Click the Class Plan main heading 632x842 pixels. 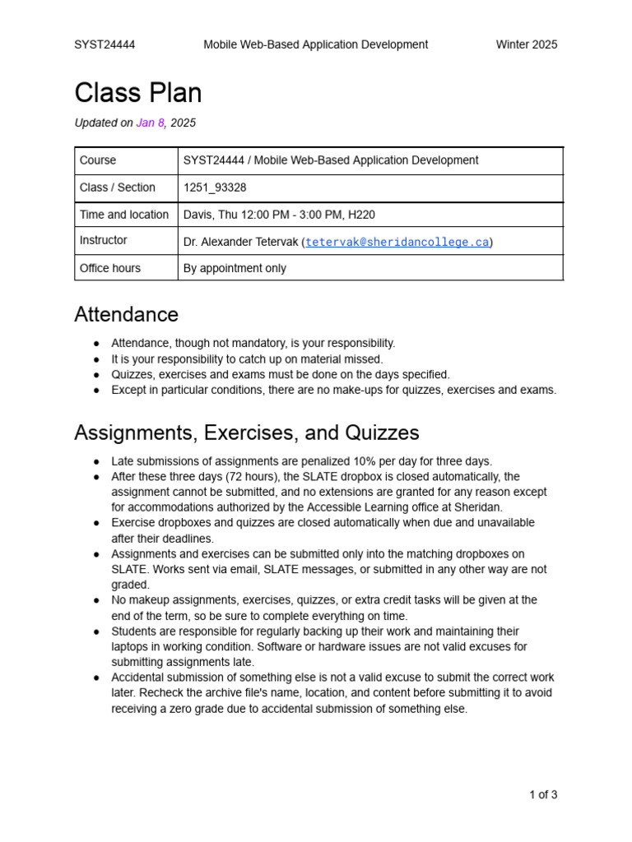click(137, 93)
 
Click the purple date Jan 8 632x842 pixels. click(151, 123)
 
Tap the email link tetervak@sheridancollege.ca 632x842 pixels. click(397, 242)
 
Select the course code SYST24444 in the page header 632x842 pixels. click(105, 44)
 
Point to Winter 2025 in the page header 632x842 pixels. click(526, 44)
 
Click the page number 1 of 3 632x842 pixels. click(543, 794)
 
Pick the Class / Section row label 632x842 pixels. click(118, 187)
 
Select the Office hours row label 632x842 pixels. click(110, 268)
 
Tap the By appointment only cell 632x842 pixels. click(235, 268)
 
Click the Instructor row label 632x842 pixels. click(104, 240)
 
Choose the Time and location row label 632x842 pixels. click(124, 215)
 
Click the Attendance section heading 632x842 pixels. click(126, 315)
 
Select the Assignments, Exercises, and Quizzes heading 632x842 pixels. click(246, 433)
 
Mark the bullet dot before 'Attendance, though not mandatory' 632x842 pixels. click(97, 344)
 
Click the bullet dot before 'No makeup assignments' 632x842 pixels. click(97, 601)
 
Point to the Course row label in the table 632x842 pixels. click(98, 160)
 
